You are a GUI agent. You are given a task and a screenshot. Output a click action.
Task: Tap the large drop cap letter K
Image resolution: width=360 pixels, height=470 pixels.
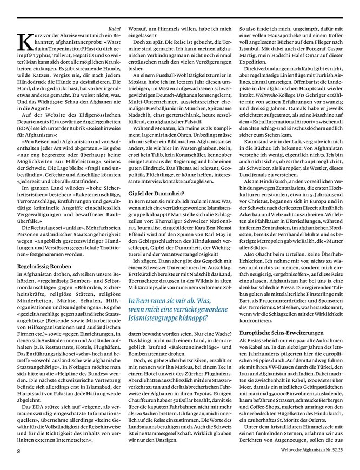[24, 41]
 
